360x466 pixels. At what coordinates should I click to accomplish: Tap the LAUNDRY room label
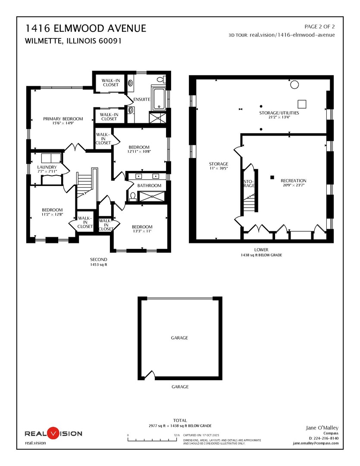tap(47, 167)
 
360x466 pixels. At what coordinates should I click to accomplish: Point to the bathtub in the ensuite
tap(158, 98)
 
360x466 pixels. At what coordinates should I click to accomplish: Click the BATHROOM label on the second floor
tap(149, 186)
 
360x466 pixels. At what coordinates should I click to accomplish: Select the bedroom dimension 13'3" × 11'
tap(142, 232)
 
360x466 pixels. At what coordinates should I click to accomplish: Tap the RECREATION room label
tap(293, 181)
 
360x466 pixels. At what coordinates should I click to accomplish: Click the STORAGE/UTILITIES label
tap(279, 113)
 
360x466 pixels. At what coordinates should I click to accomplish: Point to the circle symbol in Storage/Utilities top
tap(294, 85)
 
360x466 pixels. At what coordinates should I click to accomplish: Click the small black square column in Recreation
tap(272, 176)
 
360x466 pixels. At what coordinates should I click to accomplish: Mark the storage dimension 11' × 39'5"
tap(218, 169)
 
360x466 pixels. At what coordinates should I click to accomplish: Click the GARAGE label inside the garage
tap(180, 338)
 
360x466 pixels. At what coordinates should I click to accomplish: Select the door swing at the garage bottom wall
tap(149, 374)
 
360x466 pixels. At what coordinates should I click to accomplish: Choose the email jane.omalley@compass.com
tap(316, 443)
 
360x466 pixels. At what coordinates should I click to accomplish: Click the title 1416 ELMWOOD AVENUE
tap(86, 29)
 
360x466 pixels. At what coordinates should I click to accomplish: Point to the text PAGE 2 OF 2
tap(319, 27)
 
